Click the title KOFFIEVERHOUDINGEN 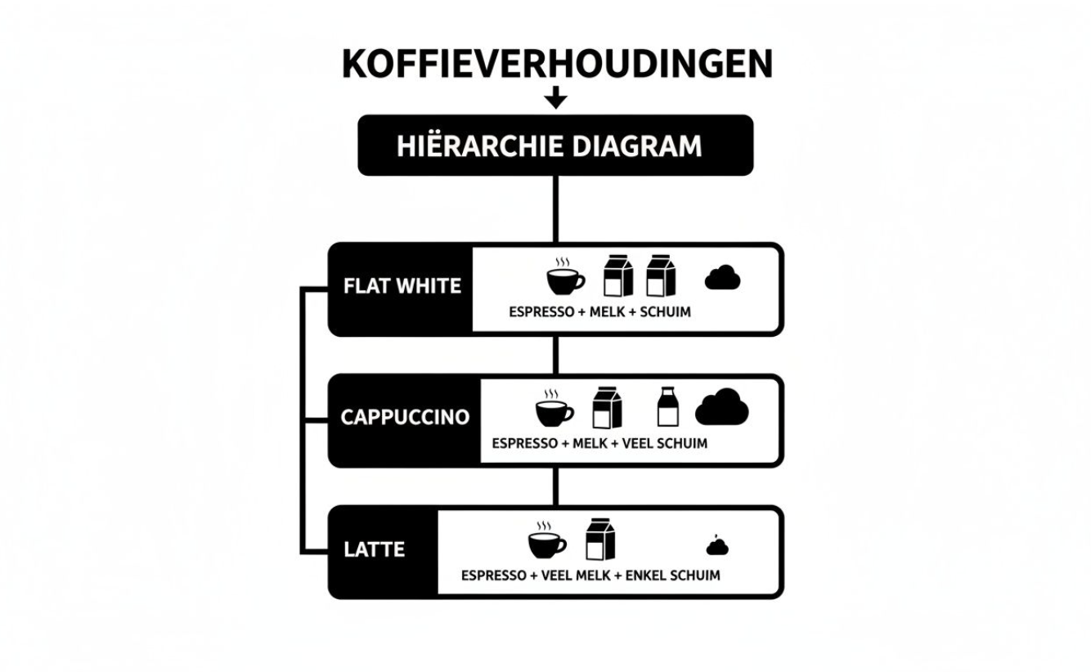tap(556, 64)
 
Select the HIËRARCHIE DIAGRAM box tap(555, 146)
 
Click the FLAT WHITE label tap(402, 287)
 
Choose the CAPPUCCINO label tap(405, 417)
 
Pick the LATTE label tap(374, 549)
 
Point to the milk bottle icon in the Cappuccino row tap(667, 407)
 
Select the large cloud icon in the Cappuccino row tap(721, 407)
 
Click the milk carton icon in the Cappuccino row tap(607, 407)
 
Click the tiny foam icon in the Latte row tap(717, 546)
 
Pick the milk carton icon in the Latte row tap(599, 540)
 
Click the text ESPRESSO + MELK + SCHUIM tap(599, 311)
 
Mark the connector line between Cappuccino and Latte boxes tap(556, 486)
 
